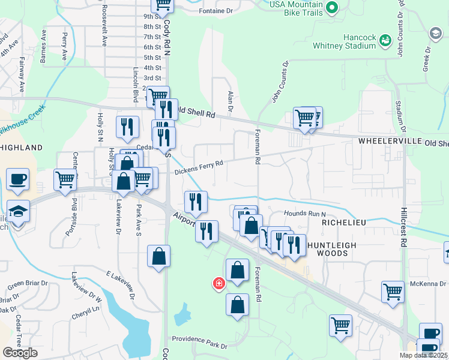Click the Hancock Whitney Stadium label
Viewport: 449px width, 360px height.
click(x=343, y=41)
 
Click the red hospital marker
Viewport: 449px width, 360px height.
click(x=219, y=283)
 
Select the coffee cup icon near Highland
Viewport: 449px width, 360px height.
click(x=17, y=179)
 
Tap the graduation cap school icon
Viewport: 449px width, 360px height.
click(x=19, y=211)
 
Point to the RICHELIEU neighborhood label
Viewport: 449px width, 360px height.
click(x=344, y=221)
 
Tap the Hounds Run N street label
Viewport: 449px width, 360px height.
click(x=304, y=214)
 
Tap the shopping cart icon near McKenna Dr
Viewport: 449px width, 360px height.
click(x=393, y=292)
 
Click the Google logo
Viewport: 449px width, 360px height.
click(x=20, y=352)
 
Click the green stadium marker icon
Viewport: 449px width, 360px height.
click(x=385, y=40)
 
